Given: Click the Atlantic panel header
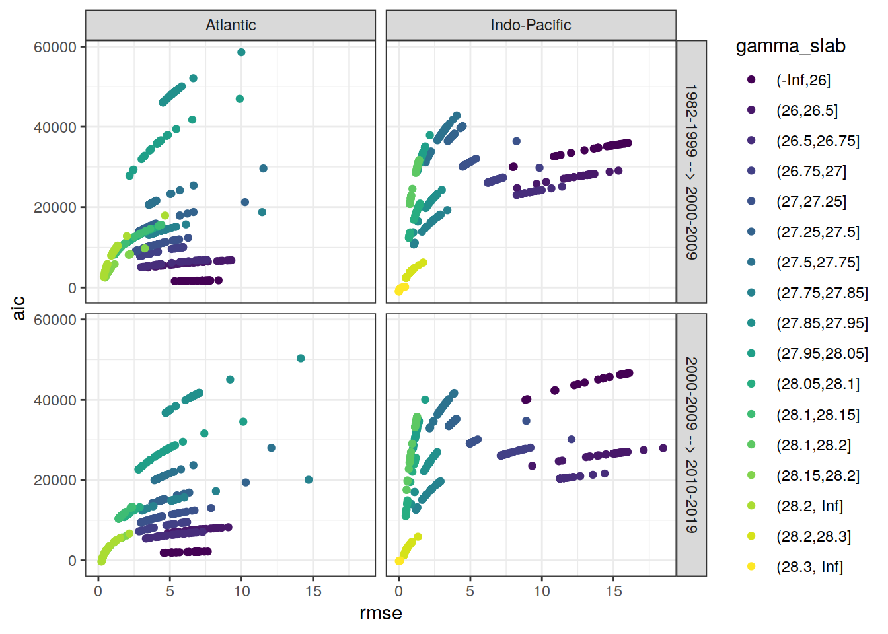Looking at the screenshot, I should coord(231,25).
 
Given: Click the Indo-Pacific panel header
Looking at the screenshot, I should coord(531,25).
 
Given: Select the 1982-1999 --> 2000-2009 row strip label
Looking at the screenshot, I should coord(691,172).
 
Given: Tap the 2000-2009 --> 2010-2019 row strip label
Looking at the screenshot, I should coord(691,444).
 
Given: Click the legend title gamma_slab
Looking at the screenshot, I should coord(790,46).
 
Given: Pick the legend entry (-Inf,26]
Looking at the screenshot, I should coord(803,80).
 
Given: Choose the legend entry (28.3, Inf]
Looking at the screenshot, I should coord(809,567).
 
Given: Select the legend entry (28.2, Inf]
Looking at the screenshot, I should coord(809,506).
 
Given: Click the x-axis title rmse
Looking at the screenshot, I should coord(381,613).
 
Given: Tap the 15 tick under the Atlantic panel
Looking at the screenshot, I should coord(313,591).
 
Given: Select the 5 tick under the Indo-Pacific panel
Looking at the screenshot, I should coord(470,591).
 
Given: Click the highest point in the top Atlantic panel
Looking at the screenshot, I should coord(241,52).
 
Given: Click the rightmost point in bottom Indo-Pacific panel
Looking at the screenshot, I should coord(663,448).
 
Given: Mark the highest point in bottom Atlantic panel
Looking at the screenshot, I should coord(301,359).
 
